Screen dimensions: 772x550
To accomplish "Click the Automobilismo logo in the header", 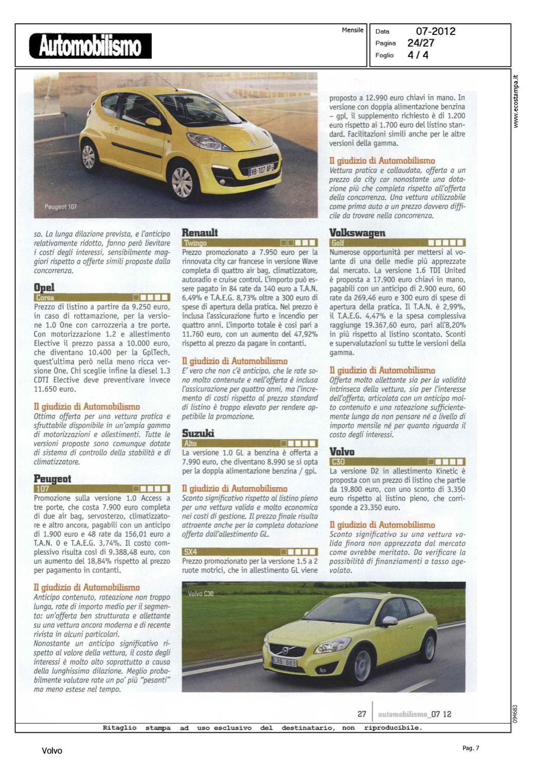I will point(91,46).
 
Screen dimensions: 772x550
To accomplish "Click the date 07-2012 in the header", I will point(435,31).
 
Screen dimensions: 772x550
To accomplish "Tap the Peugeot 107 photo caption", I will point(60,207).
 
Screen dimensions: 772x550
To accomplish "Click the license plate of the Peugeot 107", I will point(262,169).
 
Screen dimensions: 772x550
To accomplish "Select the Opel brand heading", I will point(44,287).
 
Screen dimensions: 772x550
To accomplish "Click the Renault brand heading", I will point(200,233).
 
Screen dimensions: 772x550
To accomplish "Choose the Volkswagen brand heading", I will point(357,233).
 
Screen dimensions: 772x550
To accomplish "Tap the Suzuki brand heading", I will point(198,433).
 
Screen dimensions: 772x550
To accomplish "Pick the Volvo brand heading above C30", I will point(342,451).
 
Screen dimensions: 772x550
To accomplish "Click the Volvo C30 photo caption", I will point(201,593).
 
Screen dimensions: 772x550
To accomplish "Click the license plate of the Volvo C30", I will point(285,662).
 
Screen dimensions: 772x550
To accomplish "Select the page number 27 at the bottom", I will point(362,714).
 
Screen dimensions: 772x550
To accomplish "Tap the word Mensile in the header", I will point(352,30).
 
